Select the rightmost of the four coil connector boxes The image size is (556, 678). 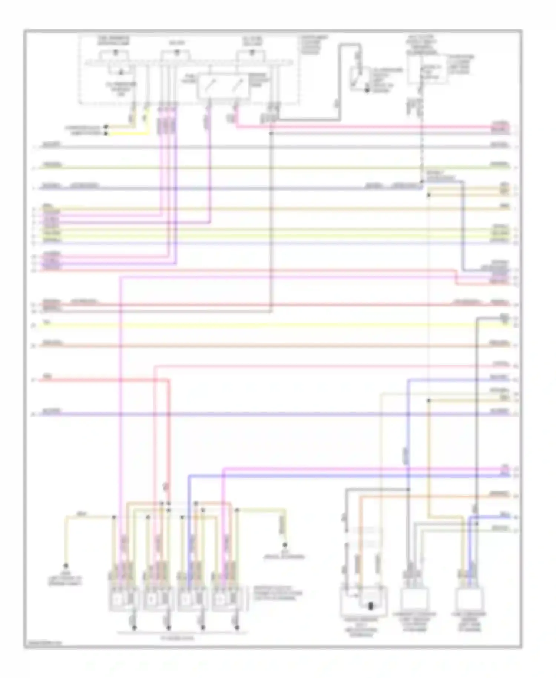(x=227, y=598)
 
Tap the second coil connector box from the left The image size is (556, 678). (x=157, y=598)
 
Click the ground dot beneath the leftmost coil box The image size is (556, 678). (x=134, y=628)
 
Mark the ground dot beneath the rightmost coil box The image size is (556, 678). (x=238, y=628)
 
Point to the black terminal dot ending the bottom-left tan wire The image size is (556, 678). (x=66, y=566)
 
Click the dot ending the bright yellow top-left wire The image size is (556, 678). (x=106, y=133)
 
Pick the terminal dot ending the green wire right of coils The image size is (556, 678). (x=285, y=545)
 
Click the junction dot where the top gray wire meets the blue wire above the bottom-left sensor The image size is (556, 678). (x=408, y=490)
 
